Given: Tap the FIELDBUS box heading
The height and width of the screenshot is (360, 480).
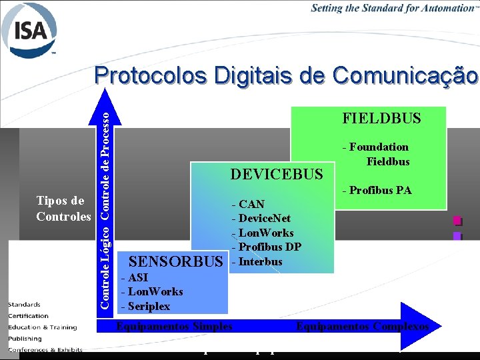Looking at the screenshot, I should [381, 119].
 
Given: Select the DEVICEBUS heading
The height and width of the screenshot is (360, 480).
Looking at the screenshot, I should [276, 175].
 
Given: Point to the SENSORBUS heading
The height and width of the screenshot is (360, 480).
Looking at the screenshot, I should [175, 260].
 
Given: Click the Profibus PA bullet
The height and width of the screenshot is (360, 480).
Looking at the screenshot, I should [377, 191].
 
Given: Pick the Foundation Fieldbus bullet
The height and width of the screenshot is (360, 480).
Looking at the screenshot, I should [378, 154].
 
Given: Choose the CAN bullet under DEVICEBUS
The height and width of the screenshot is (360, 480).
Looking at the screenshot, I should [248, 204].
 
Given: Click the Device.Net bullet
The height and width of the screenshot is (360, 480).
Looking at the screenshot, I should [261, 218].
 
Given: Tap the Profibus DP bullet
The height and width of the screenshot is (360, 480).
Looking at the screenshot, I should [266, 247].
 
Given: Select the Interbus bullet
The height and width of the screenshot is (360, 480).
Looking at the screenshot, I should [257, 261].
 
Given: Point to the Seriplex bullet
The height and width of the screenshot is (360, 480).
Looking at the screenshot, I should [145, 306].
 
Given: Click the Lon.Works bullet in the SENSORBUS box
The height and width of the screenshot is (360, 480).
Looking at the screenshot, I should [152, 291].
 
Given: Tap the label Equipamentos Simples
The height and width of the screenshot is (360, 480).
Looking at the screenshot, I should [175, 326].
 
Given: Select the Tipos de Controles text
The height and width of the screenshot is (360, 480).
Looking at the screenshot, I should [63, 209].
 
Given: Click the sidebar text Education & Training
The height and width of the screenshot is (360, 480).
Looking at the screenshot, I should [43, 327].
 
